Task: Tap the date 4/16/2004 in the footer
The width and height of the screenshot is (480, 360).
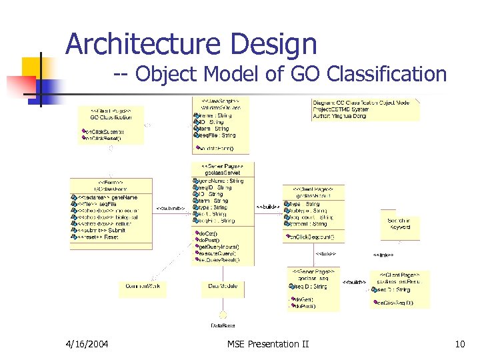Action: (x=88, y=344)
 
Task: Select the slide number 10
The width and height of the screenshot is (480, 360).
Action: (x=459, y=344)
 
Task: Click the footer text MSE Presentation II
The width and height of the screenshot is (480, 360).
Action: (x=268, y=344)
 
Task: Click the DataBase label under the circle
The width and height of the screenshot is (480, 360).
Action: (x=223, y=325)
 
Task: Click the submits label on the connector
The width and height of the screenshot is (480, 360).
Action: (x=170, y=208)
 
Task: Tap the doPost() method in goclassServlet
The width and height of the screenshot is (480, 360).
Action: (x=211, y=240)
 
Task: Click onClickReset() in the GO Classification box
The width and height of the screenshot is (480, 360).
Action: (x=104, y=139)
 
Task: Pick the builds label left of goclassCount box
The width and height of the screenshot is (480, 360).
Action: (x=268, y=207)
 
